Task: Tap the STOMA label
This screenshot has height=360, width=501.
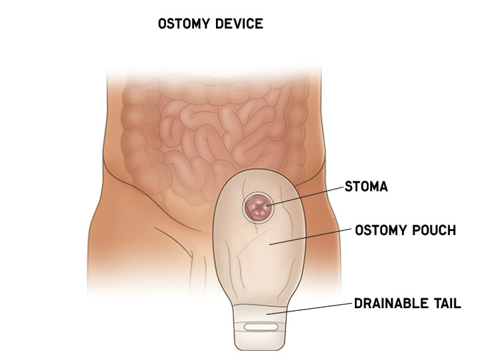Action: [x=365, y=187]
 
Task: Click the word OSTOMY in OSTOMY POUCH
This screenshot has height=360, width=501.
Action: [x=379, y=231]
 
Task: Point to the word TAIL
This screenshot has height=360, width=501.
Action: [x=445, y=304]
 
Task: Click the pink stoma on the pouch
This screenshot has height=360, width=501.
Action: [x=257, y=208]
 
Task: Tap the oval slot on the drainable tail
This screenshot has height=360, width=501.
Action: [x=262, y=327]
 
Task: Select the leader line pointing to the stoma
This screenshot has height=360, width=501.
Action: [x=306, y=196]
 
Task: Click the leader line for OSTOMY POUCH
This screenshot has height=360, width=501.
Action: [x=312, y=237]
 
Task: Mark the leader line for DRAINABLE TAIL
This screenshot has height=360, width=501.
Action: [x=312, y=308]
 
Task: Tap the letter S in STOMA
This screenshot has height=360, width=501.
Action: [x=348, y=187]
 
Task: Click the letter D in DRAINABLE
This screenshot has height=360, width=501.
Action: [x=357, y=304]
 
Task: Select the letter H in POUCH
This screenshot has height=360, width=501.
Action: [x=451, y=231]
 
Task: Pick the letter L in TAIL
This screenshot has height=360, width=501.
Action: [x=457, y=304]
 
